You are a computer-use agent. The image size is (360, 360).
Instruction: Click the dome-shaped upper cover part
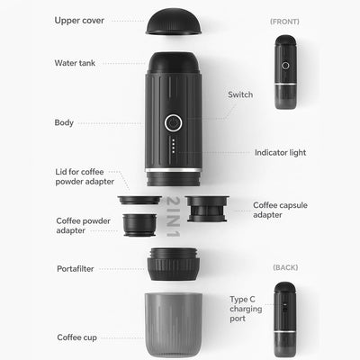click(x=174, y=22)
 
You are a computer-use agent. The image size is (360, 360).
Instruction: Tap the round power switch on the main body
click(x=174, y=122)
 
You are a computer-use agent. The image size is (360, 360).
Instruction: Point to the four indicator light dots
click(x=174, y=146)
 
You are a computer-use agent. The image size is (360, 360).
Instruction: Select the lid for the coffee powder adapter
click(x=139, y=200)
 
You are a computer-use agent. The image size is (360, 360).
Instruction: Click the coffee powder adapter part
click(x=139, y=225)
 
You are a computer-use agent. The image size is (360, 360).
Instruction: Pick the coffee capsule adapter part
click(x=207, y=209)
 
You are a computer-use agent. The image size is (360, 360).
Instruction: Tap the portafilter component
click(x=174, y=265)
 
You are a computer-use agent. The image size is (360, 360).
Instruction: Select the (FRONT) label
click(x=284, y=22)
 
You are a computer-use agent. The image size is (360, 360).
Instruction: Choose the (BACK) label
click(x=285, y=267)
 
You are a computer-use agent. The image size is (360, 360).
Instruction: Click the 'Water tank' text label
click(x=75, y=63)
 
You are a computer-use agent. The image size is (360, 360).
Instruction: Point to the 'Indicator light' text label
click(x=281, y=153)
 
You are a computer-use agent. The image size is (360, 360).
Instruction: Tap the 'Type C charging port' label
click(x=246, y=309)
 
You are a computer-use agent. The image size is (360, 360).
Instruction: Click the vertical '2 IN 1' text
click(x=173, y=217)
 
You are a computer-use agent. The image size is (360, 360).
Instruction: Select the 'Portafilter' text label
click(x=76, y=269)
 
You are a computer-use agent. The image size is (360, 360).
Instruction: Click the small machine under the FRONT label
click(x=286, y=72)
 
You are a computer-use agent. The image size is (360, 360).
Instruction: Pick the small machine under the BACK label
click(x=285, y=319)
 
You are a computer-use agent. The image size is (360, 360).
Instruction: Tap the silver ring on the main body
click(x=174, y=170)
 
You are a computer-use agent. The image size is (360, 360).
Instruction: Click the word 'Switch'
click(x=240, y=94)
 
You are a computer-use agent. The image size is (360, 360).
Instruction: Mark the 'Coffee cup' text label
click(x=77, y=337)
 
